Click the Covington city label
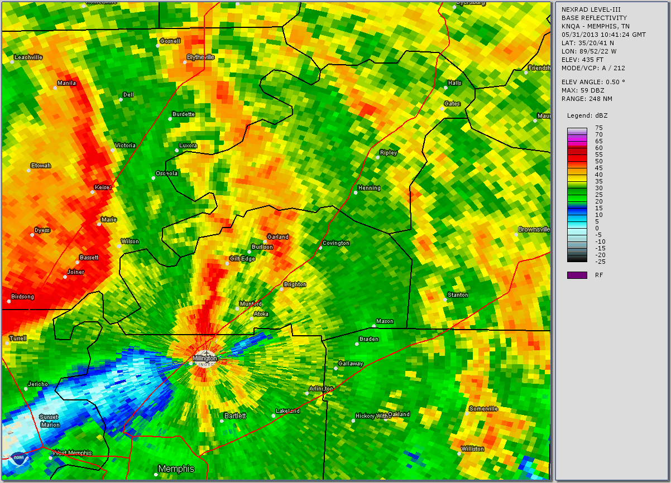click(x=336, y=243)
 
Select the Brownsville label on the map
click(x=534, y=229)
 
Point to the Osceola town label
click(x=166, y=173)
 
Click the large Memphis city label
click(x=176, y=468)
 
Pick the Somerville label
click(x=483, y=409)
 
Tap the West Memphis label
click(x=72, y=453)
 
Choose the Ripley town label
click(x=388, y=152)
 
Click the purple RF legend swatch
click(x=577, y=275)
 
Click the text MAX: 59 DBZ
click(x=584, y=90)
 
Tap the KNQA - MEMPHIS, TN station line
click(x=595, y=26)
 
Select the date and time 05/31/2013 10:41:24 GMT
click(x=603, y=35)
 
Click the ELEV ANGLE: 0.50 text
click(x=593, y=82)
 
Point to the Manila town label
click(x=66, y=83)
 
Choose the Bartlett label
click(x=234, y=416)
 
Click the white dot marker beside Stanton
click(x=445, y=300)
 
